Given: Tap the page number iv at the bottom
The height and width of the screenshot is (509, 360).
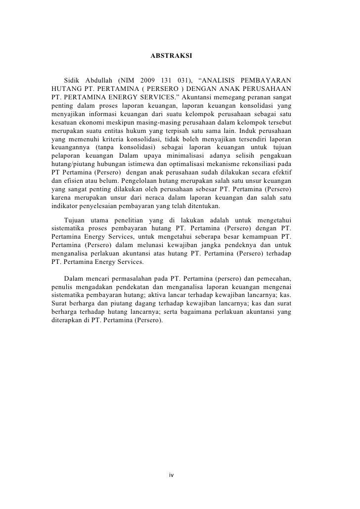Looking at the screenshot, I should click(171, 475).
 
